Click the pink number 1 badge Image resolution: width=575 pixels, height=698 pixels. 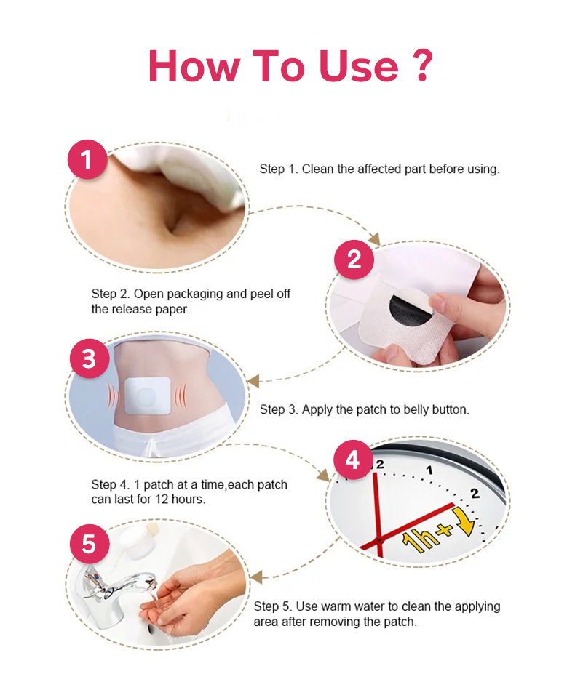(x=87, y=159)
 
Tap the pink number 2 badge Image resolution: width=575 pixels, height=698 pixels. (x=354, y=260)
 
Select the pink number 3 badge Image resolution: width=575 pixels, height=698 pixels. (x=90, y=358)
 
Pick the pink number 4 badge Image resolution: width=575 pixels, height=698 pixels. (x=353, y=460)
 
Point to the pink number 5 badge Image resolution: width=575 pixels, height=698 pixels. (x=90, y=544)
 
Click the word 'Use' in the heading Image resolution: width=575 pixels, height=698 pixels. (x=358, y=66)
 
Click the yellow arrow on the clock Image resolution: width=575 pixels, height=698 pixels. (x=465, y=522)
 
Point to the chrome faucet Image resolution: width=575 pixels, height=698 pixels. (x=118, y=587)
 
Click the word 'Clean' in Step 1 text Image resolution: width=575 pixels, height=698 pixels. (x=318, y=169)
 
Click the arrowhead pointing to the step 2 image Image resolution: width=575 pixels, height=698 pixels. (x=374, y=239)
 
